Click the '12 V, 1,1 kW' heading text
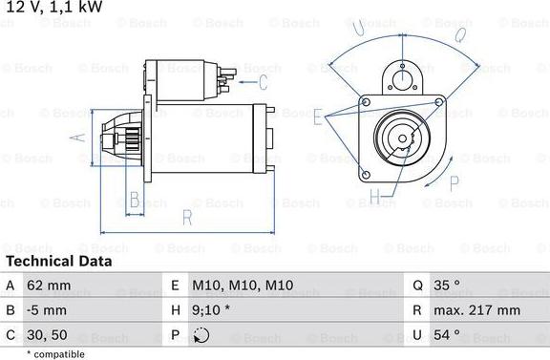click(53, 8)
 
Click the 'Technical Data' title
click(58, 261)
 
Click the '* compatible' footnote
click(56, 354)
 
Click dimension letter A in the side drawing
click(81, 138)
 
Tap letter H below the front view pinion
click(376, 197)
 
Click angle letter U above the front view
click(359, 31)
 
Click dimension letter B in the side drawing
click(135, 200)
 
